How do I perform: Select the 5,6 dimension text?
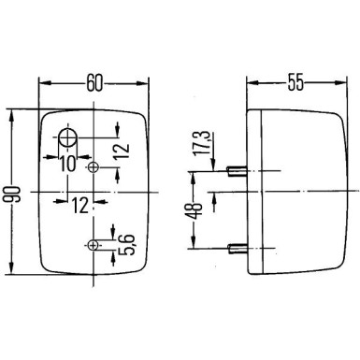122,246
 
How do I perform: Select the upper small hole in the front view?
93,166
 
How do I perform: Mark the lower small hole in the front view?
93,246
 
